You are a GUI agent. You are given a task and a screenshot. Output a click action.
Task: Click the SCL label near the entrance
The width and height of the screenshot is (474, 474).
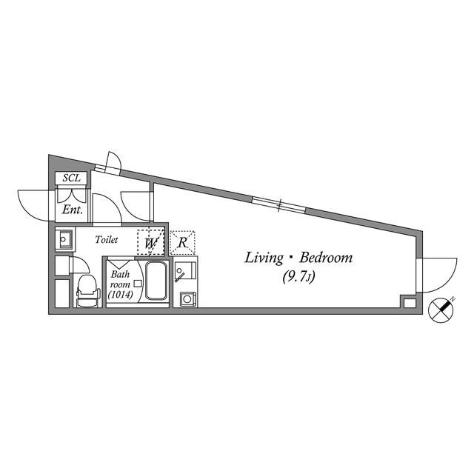[x=72, y=178]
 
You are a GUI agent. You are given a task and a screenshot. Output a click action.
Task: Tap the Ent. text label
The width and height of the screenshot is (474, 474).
[x=72, y=210]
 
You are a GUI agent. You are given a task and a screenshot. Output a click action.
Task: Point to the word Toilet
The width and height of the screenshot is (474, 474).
[x=108, y=240]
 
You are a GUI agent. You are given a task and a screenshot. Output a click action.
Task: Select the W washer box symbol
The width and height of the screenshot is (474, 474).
[x=151, y=242]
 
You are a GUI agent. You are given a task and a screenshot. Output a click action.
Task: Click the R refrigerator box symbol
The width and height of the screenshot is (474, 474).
[x=182, y=242]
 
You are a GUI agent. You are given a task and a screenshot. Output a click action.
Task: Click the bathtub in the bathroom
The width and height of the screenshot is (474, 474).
[x=156, y=281]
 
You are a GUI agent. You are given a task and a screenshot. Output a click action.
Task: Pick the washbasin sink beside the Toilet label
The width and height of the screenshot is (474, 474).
[x=64, y=239]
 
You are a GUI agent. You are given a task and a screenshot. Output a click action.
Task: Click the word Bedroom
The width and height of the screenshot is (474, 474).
[x=325, y=258]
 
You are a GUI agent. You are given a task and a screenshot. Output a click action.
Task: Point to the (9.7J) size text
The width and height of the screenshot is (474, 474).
[x=299, y=278]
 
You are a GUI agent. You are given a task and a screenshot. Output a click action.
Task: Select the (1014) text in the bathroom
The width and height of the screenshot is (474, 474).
[x=119, y=295]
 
